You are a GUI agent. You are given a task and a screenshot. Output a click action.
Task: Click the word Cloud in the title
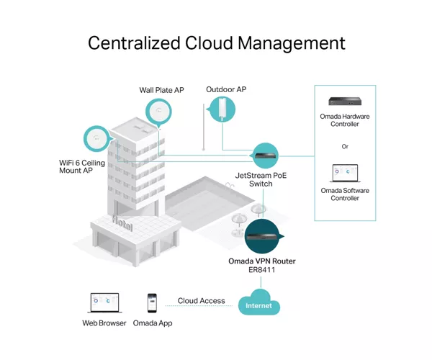[x=209, y=43]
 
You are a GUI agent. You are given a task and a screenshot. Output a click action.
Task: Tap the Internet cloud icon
[x=259, y=302]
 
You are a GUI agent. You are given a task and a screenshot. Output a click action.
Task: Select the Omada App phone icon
[x=152, y=303]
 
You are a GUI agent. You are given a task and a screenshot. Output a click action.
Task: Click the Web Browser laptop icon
[x=104, y=302]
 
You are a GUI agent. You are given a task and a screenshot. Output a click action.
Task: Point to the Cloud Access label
[x=201, y=301]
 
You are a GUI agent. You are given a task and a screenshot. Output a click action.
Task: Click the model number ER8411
[x=262, y=270]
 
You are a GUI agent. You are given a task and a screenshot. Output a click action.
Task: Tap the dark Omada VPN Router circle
[x=263, y=236]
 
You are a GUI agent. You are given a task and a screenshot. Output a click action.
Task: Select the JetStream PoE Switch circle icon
[x=265, y=156]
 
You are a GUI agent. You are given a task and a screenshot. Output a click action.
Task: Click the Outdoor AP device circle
[x=222, y=109]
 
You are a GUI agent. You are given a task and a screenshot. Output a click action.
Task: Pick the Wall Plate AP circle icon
[x=158, y=112]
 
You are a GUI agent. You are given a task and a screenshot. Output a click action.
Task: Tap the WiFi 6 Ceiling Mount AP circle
[x=97, y=139]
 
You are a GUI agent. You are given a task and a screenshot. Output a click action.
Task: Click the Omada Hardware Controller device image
[x=345, y=102]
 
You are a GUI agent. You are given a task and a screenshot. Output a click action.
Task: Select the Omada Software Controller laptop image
[x=345, y=174]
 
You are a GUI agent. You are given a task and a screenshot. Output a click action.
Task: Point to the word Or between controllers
[x=345, y=147]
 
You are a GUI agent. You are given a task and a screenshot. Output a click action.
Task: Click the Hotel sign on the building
[x=122, y=223]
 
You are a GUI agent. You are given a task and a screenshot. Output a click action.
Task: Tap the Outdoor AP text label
[x=226, y=89]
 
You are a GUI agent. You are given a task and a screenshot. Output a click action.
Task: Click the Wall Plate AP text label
[x=161, y=90]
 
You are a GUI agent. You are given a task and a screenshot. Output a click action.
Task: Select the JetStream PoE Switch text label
[x=261, y=179]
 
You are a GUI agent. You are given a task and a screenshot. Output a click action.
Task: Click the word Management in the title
[x=291, y=44]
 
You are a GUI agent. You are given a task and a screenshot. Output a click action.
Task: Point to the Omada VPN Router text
[x=262, y=261]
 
